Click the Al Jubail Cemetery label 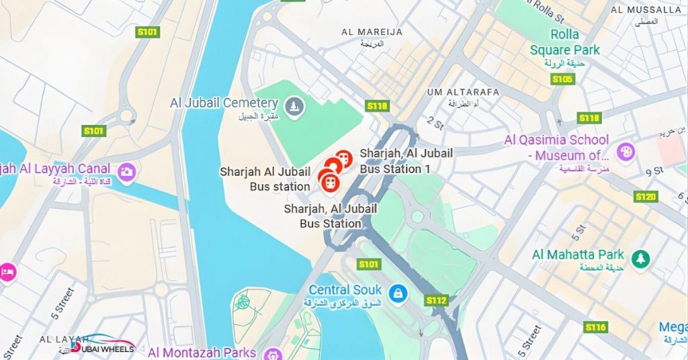[224, 103]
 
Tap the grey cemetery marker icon [294, 105]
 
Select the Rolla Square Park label [564, 42]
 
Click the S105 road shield [562, 79]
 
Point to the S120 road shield [645, 197]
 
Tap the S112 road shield [437, 300]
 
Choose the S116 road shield [595, 327]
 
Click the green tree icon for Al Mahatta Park [641, 259]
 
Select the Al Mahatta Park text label [578, 255]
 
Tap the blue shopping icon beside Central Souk [398, 292]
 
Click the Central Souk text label [345, 290]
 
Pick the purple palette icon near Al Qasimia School [625, 151]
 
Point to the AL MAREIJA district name [372, 32]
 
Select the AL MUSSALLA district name [645, 9]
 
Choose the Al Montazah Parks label [202, 353]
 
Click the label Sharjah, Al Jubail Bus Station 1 [406, 161]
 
